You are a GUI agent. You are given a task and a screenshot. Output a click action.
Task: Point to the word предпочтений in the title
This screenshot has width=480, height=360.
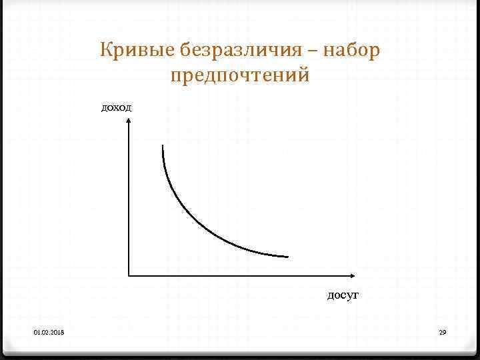pos(240,75)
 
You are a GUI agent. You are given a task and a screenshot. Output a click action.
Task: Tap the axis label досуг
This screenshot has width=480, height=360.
pos(343,294)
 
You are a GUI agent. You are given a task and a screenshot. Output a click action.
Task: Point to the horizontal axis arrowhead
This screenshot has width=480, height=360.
pos(353,275)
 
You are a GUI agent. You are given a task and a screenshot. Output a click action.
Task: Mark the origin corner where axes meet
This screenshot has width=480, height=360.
pos(129,275)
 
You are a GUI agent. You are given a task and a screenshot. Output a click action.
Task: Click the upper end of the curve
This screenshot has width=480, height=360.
pos(162,146)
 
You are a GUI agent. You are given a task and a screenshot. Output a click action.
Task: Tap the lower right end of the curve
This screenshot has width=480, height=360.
pos(287,256)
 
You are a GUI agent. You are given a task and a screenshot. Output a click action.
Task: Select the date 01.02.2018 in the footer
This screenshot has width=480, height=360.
pos(47,332)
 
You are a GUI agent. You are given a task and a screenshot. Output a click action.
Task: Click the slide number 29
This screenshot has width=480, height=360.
pos(442,332)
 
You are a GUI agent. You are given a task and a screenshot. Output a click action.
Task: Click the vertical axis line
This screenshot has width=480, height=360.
pos(129,200)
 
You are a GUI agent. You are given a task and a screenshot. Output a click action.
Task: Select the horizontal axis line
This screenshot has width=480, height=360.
pos(240,275)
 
